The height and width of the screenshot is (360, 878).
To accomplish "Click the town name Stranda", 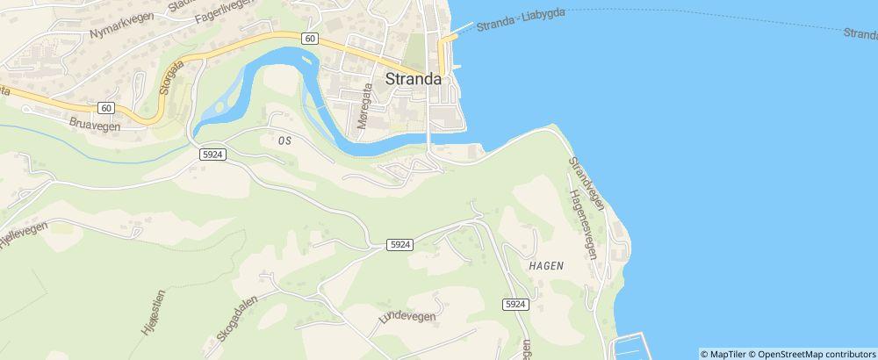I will tap(414, 78).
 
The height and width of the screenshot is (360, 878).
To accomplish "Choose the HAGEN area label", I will tap(546, 264).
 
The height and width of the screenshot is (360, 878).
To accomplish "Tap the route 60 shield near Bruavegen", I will tap(105, 108).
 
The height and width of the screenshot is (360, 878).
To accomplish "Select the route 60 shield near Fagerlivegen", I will tap(311, 38).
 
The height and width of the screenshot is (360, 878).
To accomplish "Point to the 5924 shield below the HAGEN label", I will tap(515, 304).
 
